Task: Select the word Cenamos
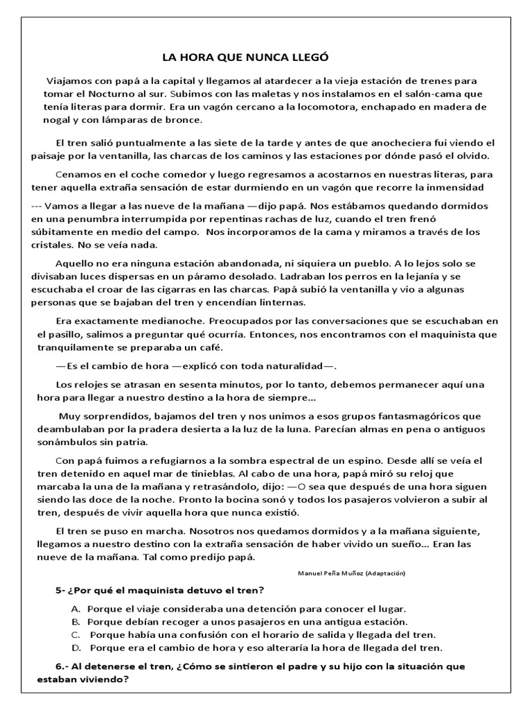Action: pos(78,174)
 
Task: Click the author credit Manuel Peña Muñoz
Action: pos(330,573)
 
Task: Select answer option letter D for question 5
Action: pos(76,648)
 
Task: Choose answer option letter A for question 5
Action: pos(76,609)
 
